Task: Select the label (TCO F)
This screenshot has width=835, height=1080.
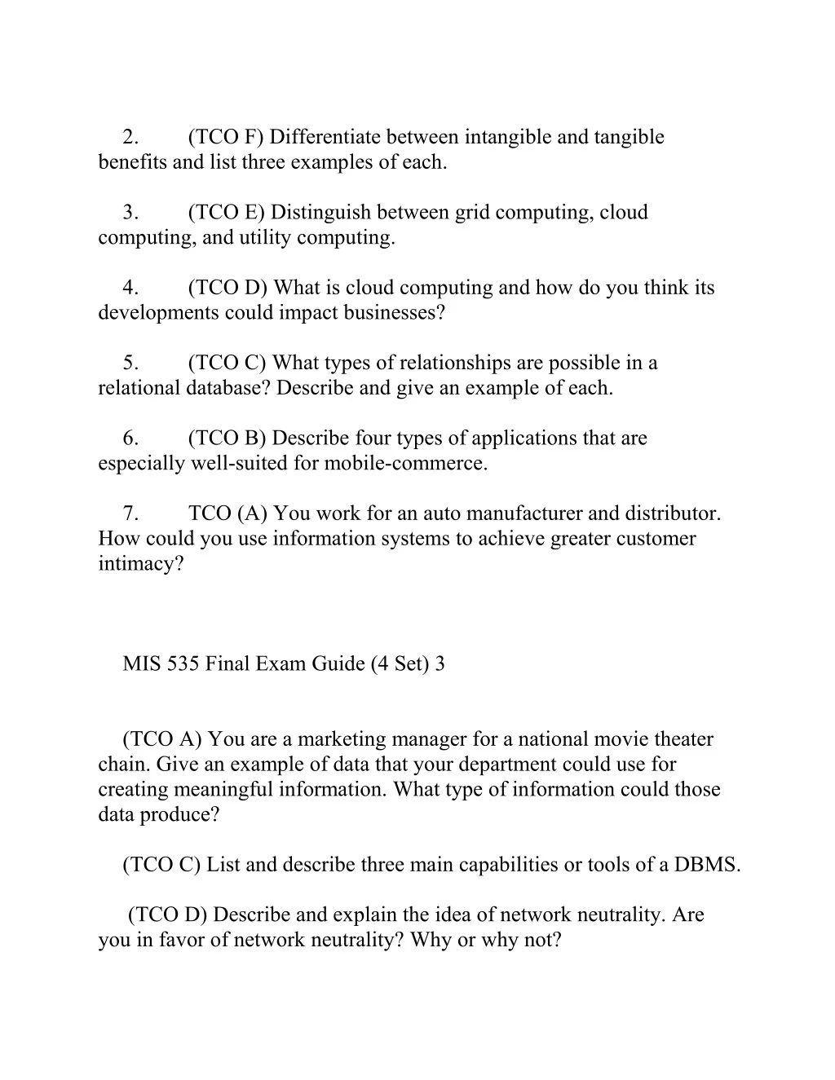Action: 226,137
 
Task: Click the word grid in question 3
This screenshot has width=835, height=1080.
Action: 472,213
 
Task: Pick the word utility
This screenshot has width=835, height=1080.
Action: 265,238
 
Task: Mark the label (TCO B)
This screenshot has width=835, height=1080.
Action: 227,439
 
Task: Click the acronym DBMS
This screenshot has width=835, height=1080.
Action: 707,866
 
